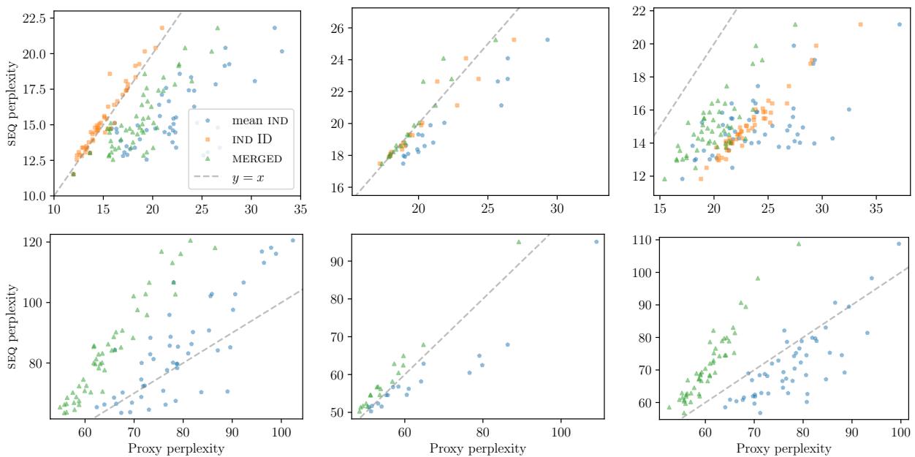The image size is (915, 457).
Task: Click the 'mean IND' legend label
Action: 260,121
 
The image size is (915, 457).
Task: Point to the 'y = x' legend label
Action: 248,176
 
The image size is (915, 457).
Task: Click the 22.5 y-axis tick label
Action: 34,16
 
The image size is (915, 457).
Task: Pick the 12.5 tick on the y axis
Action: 34,160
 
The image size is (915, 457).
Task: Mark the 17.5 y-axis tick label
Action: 34,88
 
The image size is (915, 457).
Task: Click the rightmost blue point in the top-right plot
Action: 899,24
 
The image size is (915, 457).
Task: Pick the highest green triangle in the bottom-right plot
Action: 799,243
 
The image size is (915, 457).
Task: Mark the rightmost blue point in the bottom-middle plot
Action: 596,241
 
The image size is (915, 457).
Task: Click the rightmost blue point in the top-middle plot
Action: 547,39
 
